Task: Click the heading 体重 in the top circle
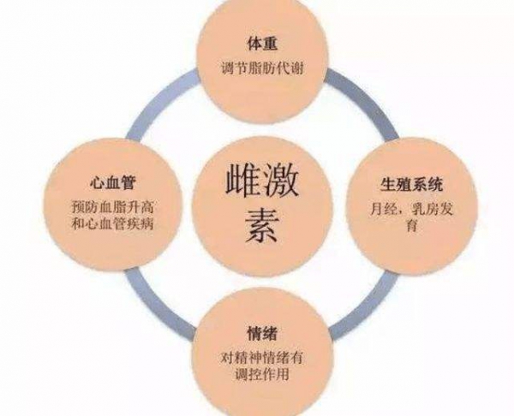click(262, 45)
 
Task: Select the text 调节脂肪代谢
click(262, 68)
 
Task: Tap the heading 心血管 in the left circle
click(112, 183)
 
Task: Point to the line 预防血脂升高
click(112, 207)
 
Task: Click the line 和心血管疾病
click(112, 224)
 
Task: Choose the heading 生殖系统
click(411, 184)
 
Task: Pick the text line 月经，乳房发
click(411, 209)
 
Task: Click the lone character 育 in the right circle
click(411, 226)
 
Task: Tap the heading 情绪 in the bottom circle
click(262, 334)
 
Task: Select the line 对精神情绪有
click(262, 358)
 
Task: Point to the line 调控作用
click(262, 374)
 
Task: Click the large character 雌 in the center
click(242, 181)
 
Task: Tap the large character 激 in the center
click(280, 181)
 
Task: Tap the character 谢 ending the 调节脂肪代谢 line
click(297, 68)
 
